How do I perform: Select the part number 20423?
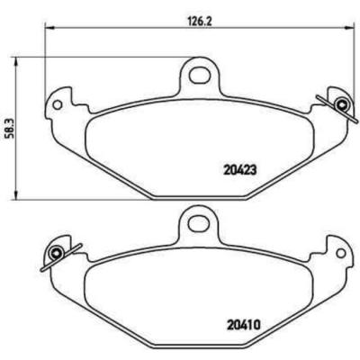(x=239, y=167)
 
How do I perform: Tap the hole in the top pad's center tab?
(x=198, y=71)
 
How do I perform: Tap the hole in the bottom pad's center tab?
(x=198, y=220)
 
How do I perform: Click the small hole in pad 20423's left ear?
(x=58, y=104)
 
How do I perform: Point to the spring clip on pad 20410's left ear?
(x=56, y=254)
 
